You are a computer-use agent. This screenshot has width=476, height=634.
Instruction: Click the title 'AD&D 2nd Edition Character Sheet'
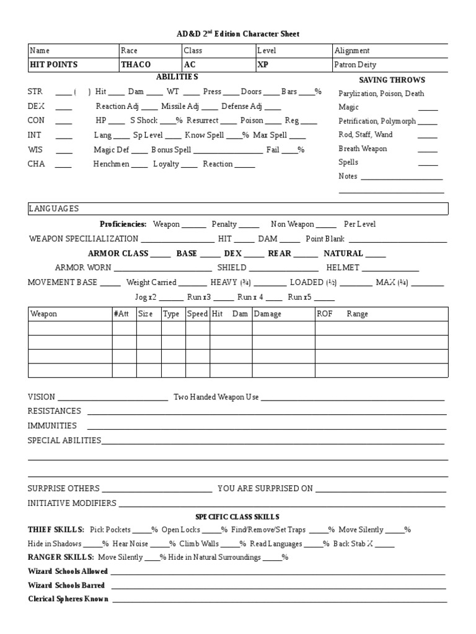(237, 33)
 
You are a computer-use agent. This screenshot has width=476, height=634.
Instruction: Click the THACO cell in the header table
(136, 64)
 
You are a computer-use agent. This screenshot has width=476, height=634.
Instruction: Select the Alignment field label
(352, 51)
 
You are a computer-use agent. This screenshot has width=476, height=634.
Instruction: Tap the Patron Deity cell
(355, 64)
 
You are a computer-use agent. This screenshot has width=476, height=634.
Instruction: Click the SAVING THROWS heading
(392, 80)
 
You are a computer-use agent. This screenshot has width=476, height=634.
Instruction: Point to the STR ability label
(35, 92)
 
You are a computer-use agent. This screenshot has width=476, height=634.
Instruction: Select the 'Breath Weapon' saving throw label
(363, 149)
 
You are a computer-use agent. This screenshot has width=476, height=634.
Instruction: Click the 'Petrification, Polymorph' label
(377, 121)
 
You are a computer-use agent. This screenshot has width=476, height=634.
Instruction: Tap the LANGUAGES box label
(54, 209)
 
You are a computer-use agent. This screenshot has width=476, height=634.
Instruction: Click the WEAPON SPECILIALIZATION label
(83, 238)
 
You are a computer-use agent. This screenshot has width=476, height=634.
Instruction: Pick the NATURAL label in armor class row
(343, 253)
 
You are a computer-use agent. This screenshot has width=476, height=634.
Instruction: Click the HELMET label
(343, 267)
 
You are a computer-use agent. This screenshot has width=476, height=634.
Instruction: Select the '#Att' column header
(120, 314)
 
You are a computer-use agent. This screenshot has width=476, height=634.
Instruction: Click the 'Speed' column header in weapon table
(197, 314)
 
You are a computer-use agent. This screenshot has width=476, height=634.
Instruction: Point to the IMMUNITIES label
(52, 425)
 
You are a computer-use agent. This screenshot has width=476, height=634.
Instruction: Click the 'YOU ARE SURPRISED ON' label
(265, 489)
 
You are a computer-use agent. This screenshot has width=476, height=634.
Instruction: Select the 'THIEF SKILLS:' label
(56, 530)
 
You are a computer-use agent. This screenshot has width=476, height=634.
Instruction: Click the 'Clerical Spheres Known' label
(68, 599)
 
